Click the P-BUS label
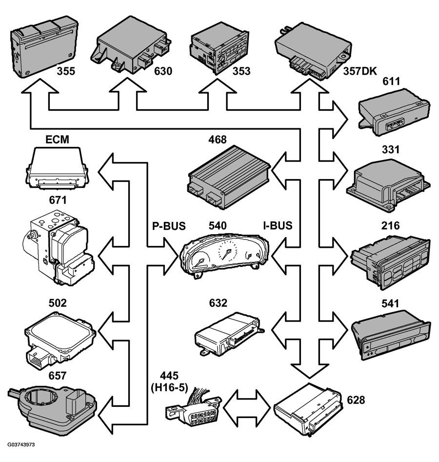coord(169,226)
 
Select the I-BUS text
coord(278,225)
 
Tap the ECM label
coord(57,140)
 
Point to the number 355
coord(66,71)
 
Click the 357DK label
coord(360,71)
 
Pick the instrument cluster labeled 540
coord(224,255)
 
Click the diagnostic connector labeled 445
coord(194,407)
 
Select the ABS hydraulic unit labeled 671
coord(59,247)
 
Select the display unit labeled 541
coord(391,335)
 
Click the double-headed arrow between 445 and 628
coord(247,408)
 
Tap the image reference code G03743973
coord(21,444)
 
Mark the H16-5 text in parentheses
coord(169,387)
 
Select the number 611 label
coord(391,81)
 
